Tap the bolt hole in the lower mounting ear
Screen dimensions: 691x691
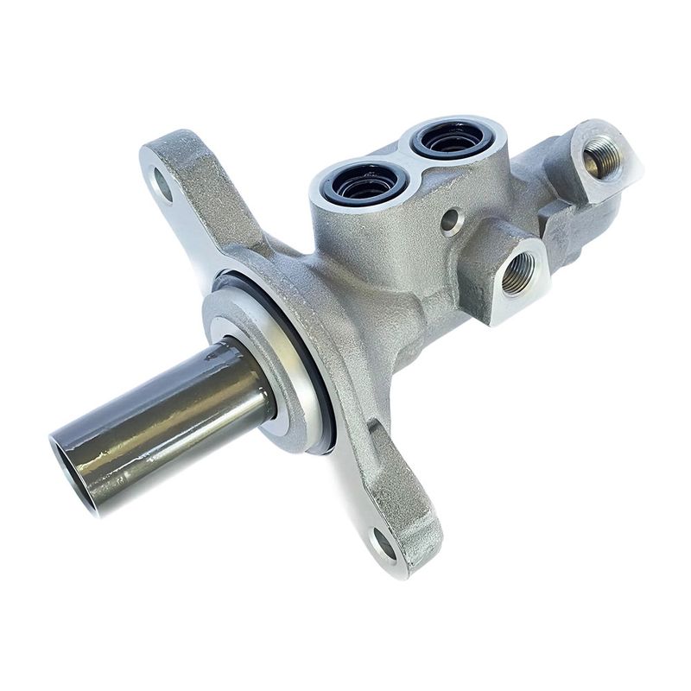point(383,546)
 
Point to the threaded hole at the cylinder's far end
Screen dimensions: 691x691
point(598,157)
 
